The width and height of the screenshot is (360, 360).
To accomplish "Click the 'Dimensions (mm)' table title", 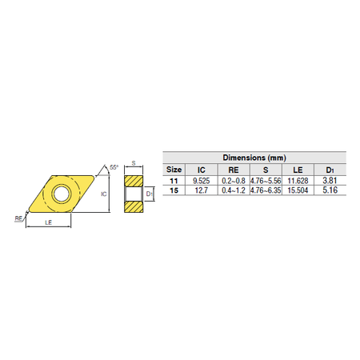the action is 254,158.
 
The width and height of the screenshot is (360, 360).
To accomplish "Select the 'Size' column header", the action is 174,170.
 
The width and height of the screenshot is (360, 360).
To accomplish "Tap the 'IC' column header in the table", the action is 202,170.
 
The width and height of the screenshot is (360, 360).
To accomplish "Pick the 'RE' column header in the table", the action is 234,170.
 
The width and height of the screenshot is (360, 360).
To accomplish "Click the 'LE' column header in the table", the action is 298,170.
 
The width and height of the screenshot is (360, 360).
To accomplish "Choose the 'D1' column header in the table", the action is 330,170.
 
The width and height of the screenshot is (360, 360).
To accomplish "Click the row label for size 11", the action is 174,181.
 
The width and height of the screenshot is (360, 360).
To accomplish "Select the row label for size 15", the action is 174,190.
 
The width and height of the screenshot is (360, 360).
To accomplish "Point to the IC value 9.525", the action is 202,181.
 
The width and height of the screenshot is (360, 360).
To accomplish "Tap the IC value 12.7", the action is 202,190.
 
